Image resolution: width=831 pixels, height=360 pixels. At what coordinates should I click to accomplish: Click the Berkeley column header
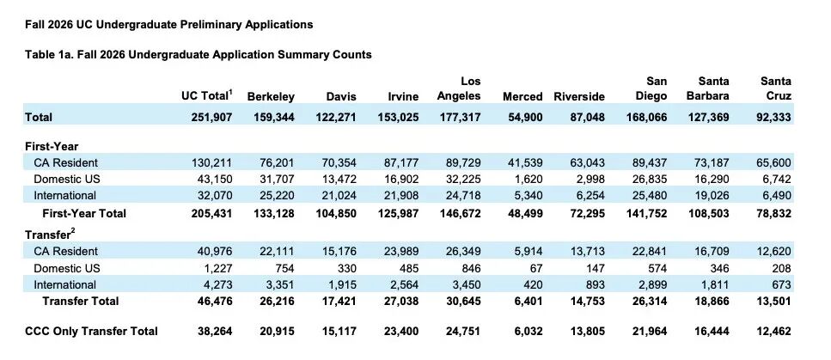pyautogui.click(x=271, y=96)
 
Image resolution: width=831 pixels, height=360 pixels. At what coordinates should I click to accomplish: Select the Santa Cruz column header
pyautogui.click(x=776, y=88)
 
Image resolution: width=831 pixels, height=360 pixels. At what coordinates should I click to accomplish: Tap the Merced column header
pyautogui.click(x=522, y=96)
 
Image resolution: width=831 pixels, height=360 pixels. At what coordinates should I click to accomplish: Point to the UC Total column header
pyautogui.click(x=207, y=95)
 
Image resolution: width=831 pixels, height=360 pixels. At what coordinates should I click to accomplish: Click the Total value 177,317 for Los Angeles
pyautogui.click(x=460, y=117)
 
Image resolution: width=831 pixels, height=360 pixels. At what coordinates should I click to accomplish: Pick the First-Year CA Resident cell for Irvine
pyautogui.click(x=401, y=162)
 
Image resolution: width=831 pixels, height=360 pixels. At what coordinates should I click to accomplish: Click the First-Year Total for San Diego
pyautogui.click(x=646, y=213)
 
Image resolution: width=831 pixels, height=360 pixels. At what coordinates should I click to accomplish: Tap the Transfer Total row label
pyautogui.click(x=81, y=302)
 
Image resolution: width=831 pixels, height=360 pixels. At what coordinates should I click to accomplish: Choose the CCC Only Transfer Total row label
pyautogui.click(x=91, y=332)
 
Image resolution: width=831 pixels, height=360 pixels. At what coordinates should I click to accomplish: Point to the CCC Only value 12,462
pyautogui.click(x=774, y=332)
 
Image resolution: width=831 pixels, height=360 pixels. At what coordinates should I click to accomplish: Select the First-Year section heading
pyautogui.click(x=52, y=147)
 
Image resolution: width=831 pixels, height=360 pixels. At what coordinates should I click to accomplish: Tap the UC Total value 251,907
pyautogui.click(x=212, y=117)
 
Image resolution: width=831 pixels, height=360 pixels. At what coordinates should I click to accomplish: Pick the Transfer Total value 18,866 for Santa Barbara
pyautogui.click(x=712, y=302)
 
